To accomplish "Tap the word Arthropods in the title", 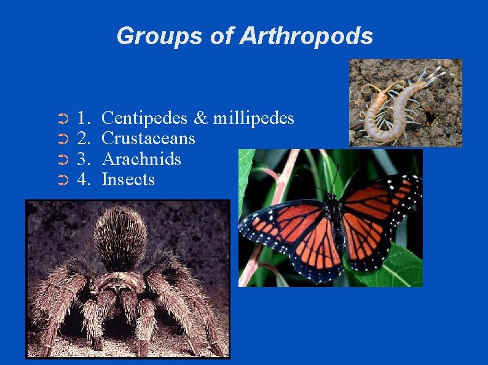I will (x=306, y=36).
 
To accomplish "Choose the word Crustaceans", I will (x=148, y=138).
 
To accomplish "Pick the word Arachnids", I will (x=141, y=159).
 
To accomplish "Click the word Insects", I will (x=128, y=180).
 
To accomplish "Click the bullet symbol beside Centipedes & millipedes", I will (x=61, y=118).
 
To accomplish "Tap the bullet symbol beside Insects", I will (x=61, y=180).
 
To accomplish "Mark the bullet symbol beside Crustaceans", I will (x=61, y=139).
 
